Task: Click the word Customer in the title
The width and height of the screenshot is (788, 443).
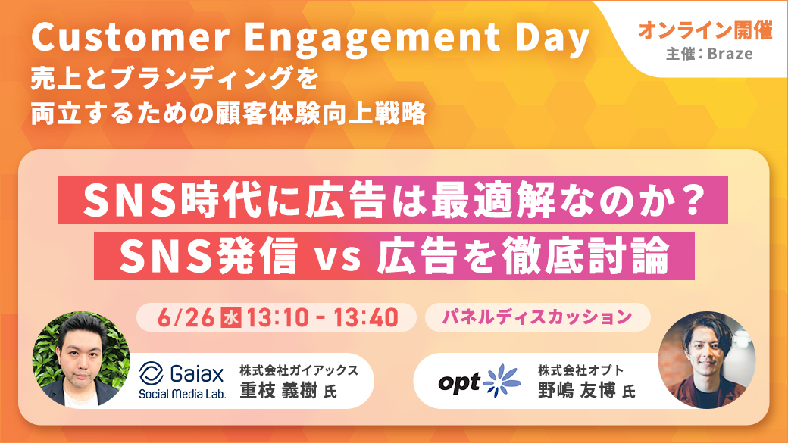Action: point(130,37)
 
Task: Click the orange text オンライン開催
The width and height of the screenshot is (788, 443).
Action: point(705,31)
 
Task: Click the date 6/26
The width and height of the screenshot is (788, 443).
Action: point(186,317)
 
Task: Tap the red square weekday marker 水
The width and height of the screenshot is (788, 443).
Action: point(230,318)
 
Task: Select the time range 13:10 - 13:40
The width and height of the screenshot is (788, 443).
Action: point(322,317)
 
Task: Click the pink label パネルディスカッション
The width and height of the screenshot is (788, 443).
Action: point(537,317)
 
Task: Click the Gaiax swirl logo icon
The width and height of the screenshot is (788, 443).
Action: point(152,373)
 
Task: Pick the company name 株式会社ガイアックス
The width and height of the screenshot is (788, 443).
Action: point(299,370)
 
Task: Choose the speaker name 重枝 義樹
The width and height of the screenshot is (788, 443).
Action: point(278,391)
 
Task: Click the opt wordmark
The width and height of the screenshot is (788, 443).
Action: point(459,383)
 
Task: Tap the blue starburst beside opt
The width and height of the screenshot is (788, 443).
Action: point(502,380)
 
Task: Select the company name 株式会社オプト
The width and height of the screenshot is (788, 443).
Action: point(580,370)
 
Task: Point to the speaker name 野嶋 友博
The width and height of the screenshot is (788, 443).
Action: point(577,391)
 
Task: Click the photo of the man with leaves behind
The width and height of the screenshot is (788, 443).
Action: point(81,359)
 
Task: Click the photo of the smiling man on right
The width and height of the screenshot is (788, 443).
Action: point(707,360)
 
